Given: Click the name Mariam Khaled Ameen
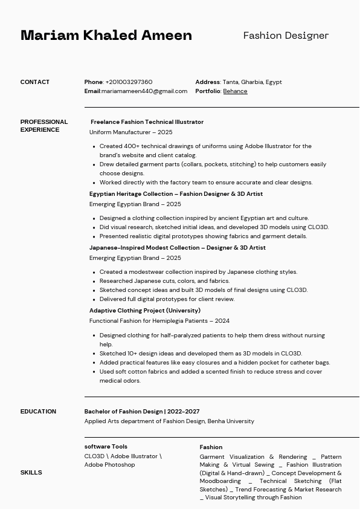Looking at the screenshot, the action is [x=106, y=35].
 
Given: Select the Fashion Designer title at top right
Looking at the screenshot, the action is [x=286, y=36].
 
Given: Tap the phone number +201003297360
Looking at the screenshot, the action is [x=129, y=82].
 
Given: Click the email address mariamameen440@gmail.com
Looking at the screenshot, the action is [x=144, y=91].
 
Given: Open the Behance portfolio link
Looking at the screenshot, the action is [x=235, y=91].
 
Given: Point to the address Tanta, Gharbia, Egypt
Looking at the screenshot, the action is [x=252, y=82].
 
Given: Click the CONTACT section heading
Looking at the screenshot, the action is [x=35, y=82].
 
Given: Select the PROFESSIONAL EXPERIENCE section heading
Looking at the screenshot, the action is [x=43, y=126].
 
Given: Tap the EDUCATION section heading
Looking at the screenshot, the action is [x=38, y=412].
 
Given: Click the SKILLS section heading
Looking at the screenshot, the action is [x=31, y=473].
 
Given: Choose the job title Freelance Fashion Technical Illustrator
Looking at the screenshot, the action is [x=147, y=122].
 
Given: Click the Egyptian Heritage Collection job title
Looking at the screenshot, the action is [x=176, y=194].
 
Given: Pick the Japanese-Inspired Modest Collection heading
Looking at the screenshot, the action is [x=177, y=248].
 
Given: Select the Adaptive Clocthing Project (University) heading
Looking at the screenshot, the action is [x=144, y=311].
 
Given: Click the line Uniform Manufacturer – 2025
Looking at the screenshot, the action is [x=130, y=132].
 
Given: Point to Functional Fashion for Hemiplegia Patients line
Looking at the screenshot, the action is [x=159, y=321].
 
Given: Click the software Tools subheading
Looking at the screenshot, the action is [x=106, y=447].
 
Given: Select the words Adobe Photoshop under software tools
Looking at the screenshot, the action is [x=109, y=465].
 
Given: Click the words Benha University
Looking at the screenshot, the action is [x=231, y=421].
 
